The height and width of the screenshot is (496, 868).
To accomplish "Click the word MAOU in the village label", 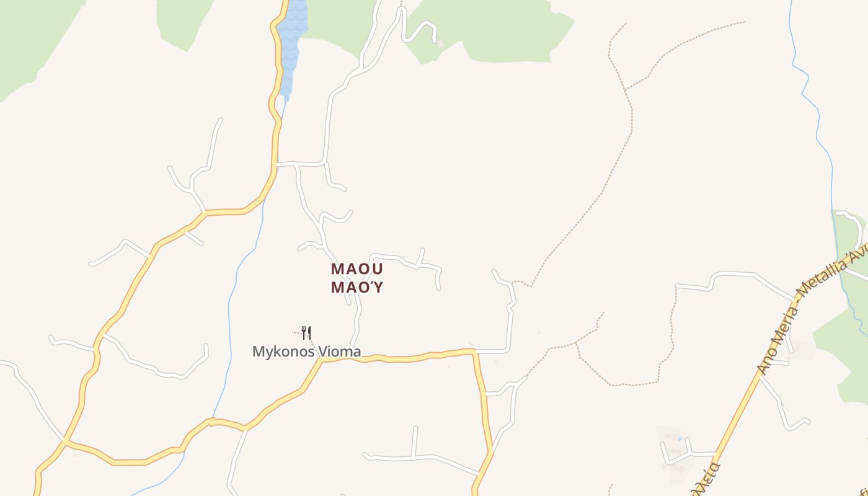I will click(x=357, y=269).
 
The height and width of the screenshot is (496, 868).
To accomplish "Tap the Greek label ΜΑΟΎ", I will click(x=357, y=288).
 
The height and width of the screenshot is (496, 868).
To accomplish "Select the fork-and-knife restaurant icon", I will click(x=306, y=333).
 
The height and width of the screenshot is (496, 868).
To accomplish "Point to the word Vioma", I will click(x=340, y=352).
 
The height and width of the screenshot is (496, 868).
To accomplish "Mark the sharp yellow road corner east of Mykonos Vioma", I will click(x=474, y=352).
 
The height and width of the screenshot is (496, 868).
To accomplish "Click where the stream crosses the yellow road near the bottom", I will click(x=211, y=422).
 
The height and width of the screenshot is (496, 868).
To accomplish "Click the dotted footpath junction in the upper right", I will click(x=626, y=90).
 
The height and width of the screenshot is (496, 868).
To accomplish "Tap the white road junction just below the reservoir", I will click(x=277, y=164).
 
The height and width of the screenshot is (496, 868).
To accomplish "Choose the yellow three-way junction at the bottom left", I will click(x=66, y=441).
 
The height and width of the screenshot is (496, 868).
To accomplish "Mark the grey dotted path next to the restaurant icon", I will click(x=298, y=333).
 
